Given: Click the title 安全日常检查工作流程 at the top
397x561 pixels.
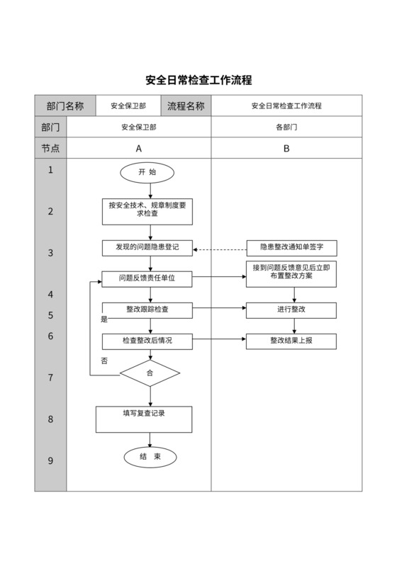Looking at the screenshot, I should tap(198, 80).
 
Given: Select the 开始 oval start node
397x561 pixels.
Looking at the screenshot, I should tap(147, 172).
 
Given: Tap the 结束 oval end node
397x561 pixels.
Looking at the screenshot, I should tap(150, 457).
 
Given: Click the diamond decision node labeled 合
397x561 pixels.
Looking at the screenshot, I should tap(150, 373).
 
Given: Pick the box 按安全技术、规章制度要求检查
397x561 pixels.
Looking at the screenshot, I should tap(147, 210).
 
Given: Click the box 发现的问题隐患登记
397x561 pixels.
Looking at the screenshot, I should tap(147, 248).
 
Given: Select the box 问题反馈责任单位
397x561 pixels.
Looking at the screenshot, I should tap(147, 279).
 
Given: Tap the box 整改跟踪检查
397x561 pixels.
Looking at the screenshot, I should tap(147, 310).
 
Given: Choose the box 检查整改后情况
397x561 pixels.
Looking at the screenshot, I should tap(147, 341).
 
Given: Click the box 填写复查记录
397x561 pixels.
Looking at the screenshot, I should tap(144, 419).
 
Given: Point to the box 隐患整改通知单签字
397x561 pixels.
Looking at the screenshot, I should tap(291, 248).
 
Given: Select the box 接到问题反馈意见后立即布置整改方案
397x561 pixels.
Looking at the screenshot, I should tap(291, 273).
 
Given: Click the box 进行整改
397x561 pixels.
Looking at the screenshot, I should tap(291, 310).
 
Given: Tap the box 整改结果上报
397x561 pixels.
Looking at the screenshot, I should tap(291, 341).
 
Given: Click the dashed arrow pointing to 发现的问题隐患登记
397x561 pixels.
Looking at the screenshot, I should tap(220, 249).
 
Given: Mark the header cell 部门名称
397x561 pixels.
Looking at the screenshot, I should tap(65, 106).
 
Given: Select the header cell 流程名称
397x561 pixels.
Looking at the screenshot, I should tap(186, 106).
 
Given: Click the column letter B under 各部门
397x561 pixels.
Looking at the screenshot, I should tap(286, 149).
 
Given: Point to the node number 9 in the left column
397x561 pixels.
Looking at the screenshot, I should tap(50, 460).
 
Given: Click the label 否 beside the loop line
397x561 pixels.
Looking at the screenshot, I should tap(104, 361).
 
